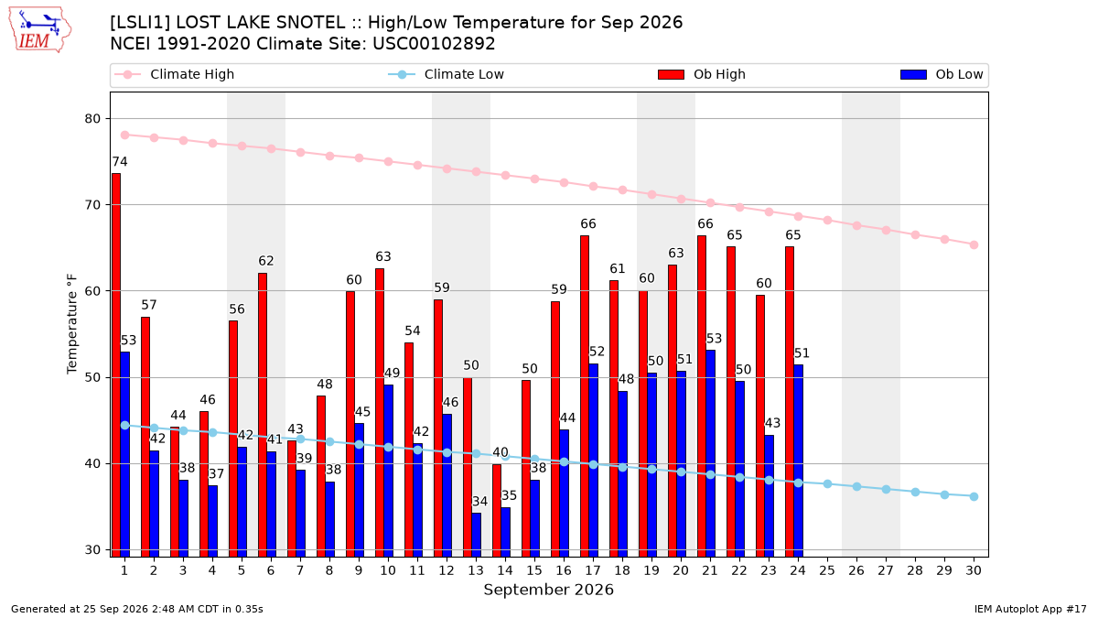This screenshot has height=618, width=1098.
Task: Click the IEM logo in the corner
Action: tap(39, 30)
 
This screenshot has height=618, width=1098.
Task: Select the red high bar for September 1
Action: tap(116, 365)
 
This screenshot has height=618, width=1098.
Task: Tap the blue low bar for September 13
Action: tap(477, 535)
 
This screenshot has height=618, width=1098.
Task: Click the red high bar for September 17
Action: tap(585, 396)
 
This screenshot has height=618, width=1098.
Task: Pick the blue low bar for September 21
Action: tap(711, 453)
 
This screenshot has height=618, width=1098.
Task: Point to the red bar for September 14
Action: tap(497, 510)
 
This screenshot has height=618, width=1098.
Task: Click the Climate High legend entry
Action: tap(175, 74)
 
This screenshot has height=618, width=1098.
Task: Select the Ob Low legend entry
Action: tap(942, 74)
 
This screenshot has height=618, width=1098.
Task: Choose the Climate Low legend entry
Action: tap(447, 74)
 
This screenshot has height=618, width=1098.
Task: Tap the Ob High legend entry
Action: tap(702, 74)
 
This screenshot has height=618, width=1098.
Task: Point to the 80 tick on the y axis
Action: tap(92, 119)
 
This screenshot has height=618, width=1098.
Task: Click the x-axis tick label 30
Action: tap(974, 570)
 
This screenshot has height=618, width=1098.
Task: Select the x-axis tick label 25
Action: tap(827, 570)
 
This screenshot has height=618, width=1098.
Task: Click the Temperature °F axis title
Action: tap(71, 324)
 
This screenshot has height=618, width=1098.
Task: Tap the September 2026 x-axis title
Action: tap(548, 590)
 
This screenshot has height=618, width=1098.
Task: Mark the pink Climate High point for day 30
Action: tap(974, 244)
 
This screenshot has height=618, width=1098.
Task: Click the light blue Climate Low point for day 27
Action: tap(886, 490)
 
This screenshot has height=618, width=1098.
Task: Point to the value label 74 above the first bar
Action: tap(120, 162)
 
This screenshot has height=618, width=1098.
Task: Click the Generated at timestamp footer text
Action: tap(136, 609)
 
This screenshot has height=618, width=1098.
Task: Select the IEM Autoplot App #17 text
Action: tap(1030, 609)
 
